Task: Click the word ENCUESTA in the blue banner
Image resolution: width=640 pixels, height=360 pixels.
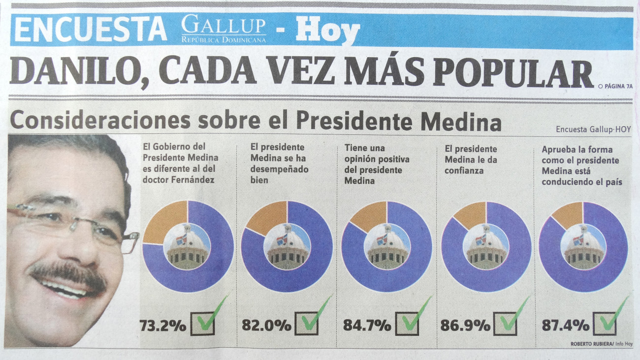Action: coord(91,29)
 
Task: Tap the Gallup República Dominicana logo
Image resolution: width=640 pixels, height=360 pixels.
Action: coord(224,29)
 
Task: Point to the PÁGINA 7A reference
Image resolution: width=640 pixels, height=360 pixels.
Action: coord(615,86)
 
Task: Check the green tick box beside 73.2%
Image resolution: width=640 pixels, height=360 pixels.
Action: coord(203,323)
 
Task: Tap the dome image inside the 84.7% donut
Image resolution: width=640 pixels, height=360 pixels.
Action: coord(386,246)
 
